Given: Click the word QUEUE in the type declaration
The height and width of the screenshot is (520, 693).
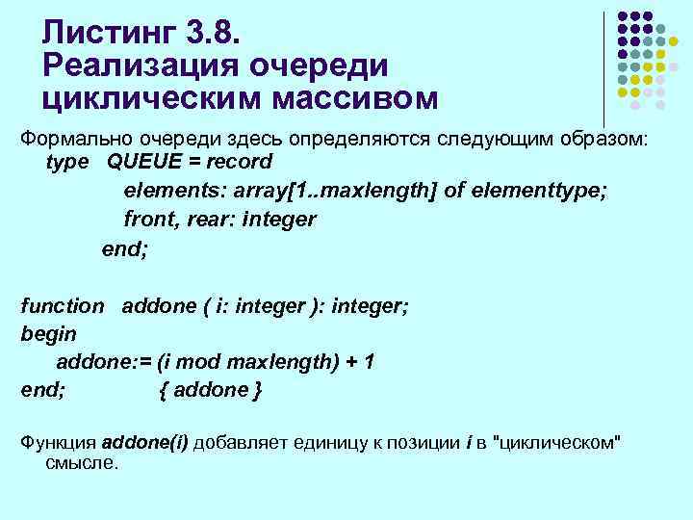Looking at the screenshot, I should [x=142, y=161].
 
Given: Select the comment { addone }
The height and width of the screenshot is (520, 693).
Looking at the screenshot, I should [x=209, y=390].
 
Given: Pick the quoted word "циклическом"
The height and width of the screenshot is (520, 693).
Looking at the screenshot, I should [x=556, y=442].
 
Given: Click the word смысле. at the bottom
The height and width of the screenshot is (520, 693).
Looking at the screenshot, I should [x=82, y=462].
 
